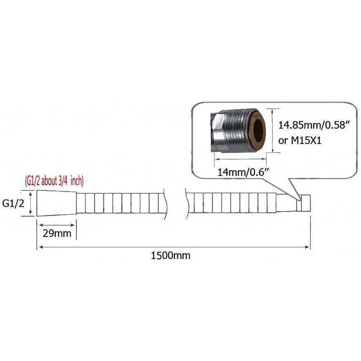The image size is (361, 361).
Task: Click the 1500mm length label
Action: pos(171,256)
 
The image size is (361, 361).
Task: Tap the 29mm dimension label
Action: pos(57,233)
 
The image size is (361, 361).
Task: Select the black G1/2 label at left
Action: pos(13,204)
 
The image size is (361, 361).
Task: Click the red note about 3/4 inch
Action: pos(54,181)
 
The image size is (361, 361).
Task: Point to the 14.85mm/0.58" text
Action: pos(314,125)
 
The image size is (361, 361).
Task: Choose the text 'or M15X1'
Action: pos(300,140)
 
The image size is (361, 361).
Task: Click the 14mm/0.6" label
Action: pos(243,172)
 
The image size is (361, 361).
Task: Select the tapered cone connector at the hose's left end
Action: pos(57,203)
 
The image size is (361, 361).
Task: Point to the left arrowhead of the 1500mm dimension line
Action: pos(41,247)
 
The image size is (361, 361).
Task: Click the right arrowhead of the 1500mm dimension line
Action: pos(307,247)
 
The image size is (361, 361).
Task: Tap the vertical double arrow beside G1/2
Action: pos(31,204)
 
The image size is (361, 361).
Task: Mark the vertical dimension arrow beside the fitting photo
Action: pos(273,130)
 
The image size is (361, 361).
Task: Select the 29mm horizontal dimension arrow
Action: pos(57,225)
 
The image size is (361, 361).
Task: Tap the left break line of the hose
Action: pos(165,204)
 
